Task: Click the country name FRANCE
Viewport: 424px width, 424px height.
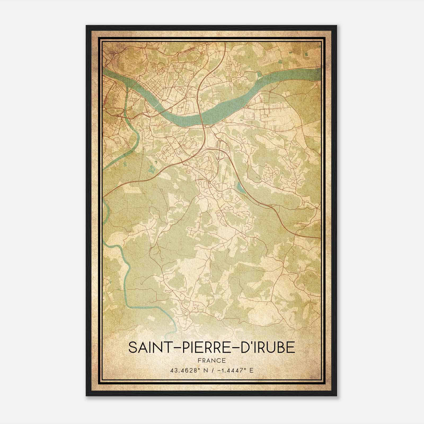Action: (212, 361)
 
